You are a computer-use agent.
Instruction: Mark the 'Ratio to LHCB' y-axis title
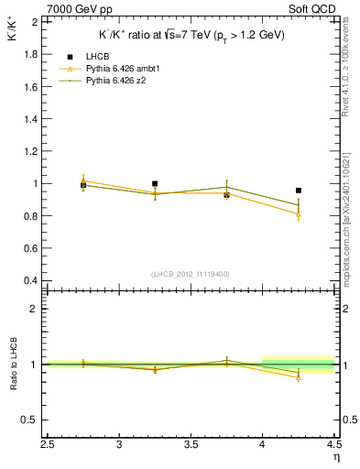coord(13,366)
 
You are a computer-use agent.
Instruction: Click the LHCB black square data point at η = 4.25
coord(299,191)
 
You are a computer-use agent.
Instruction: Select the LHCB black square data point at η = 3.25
coord(155,183)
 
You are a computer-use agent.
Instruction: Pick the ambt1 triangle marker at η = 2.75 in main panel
coord(83,180)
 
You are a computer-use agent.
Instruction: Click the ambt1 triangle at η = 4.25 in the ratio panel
coord(299,377)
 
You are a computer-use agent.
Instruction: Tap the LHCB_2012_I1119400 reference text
coord(191,274)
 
